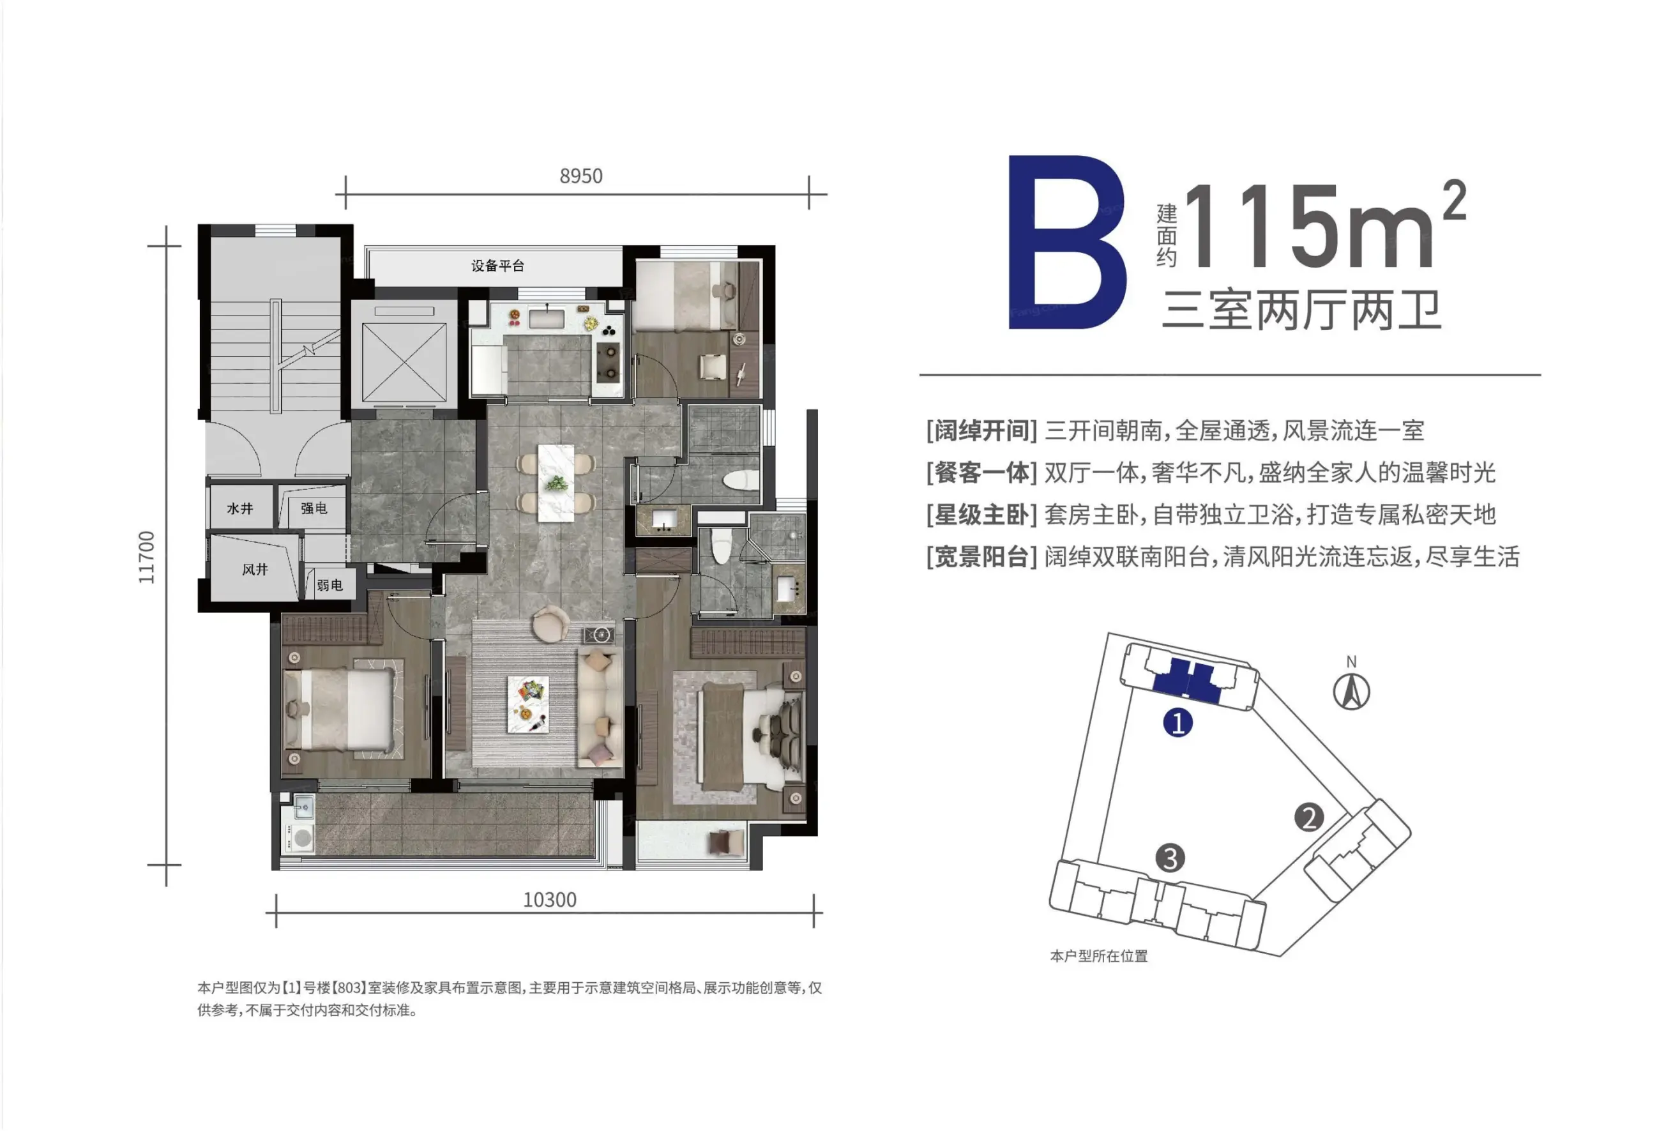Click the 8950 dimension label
click(581, 176)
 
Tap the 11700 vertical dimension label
click(147, 558)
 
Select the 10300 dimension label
click(550, 900)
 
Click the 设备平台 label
click(497, 266)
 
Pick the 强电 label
click(314, 508)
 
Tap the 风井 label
click(255, 570)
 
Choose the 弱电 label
click(329, 586)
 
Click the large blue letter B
click(1067, 242)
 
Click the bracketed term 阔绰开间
click(982, 430)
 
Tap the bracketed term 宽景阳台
click(982, 556)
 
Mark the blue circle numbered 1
click(1178, 723)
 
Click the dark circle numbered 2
click(1309, 817)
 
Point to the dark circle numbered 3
click(1170, 858)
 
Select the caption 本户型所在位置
click(1098, 956)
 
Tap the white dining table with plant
click(556, 482)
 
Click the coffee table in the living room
click(527, 704)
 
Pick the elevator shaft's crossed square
click(404, 363)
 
